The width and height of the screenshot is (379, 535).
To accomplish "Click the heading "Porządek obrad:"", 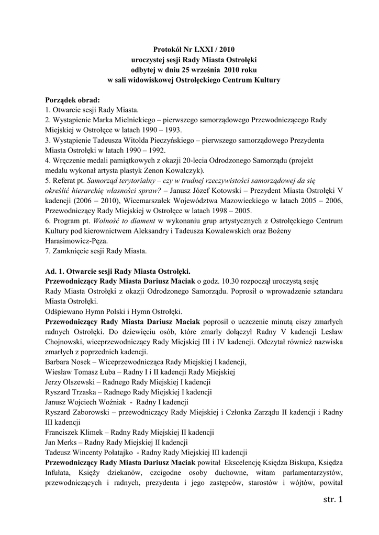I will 72,100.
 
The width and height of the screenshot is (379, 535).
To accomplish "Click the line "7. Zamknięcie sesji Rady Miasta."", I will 96,251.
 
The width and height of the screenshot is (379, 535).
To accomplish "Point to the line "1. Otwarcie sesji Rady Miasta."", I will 92,110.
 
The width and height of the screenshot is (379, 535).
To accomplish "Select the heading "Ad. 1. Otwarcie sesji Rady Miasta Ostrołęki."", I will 118,272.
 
